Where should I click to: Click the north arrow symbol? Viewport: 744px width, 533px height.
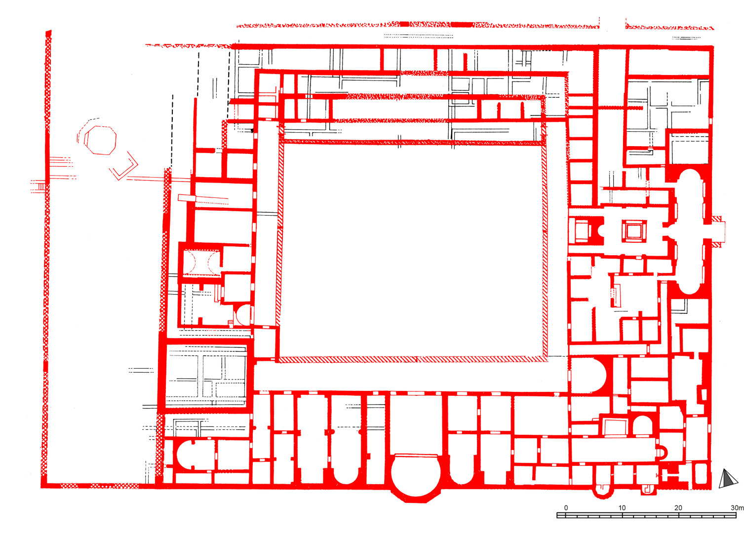click(728, 479)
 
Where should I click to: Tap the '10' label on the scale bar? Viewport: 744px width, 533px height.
click(622, 508)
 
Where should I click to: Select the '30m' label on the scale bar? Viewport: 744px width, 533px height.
click(737, 508)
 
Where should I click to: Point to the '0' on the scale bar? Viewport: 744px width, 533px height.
click(566, 508)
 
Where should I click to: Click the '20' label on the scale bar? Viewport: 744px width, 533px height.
click(678, 508)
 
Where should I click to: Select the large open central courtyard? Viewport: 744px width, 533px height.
click(412, 251)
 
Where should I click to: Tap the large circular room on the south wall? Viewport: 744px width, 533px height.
click(416, 473)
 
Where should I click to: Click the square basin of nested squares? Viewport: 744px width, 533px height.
click(634, 231)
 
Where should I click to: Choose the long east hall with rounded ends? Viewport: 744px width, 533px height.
click(690, 231)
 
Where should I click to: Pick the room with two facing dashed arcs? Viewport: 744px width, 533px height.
click(201, 263)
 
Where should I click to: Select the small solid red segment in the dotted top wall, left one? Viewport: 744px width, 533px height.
click(404, 24)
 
